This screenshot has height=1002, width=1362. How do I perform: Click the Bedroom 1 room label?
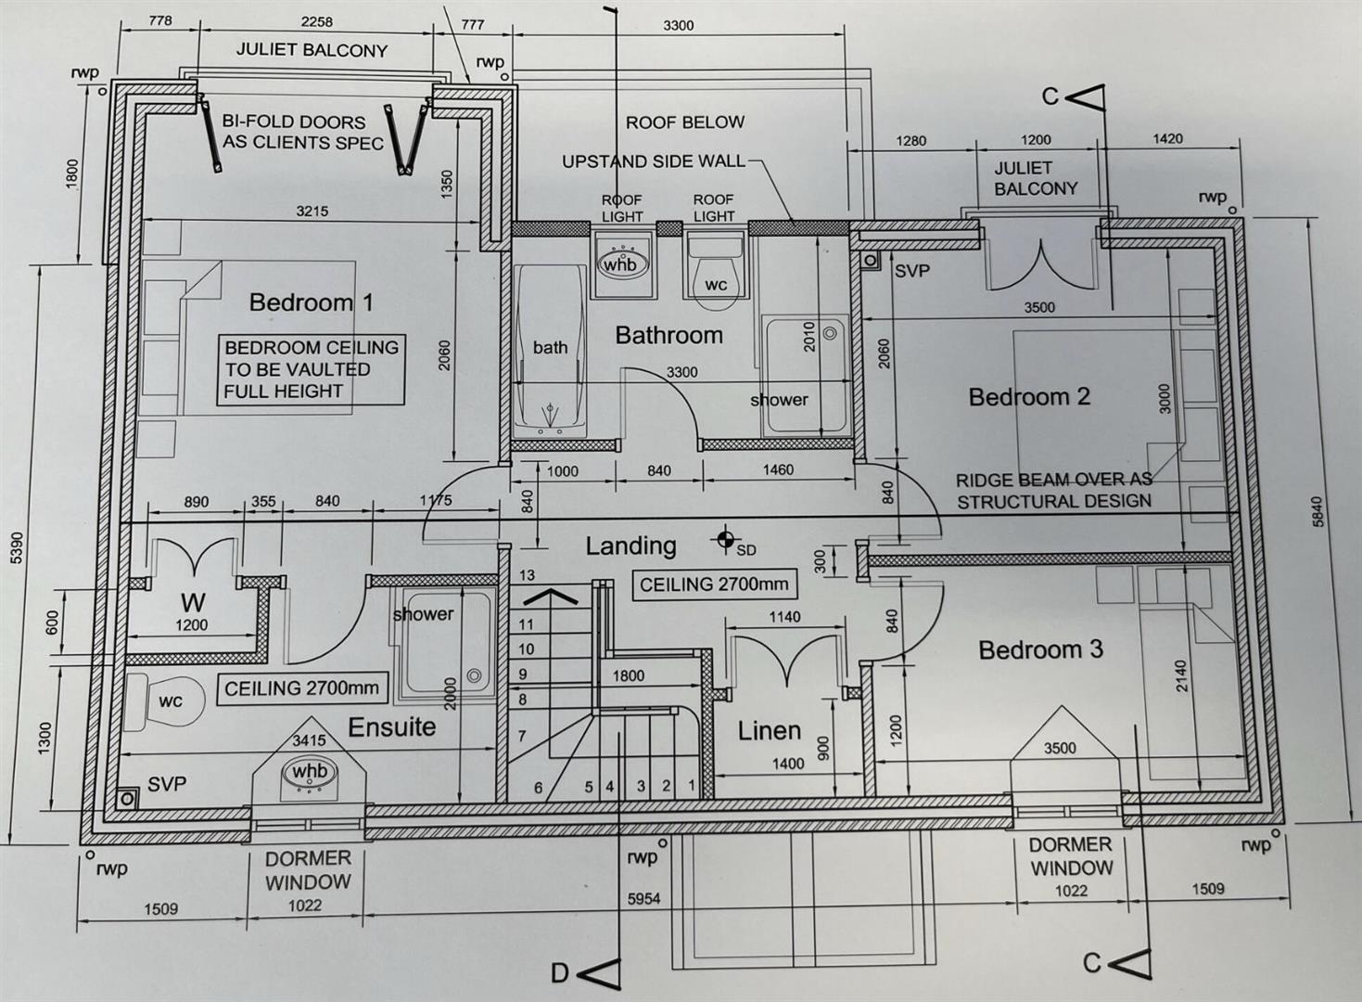[311, 302]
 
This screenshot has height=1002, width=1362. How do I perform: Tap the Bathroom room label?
[668, 335]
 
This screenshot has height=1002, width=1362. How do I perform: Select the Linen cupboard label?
[770, 731]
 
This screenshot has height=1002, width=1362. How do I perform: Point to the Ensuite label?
[391, 726]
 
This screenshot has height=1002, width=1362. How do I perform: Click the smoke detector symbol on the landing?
[725, 538]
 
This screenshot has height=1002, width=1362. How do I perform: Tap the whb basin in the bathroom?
[619, 263]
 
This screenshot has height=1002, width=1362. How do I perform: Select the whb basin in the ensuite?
[310, 772]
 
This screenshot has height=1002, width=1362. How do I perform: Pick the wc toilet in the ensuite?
[164, 702]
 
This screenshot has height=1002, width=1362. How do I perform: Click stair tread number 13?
[527, 575]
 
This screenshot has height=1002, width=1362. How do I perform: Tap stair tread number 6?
[538, 788]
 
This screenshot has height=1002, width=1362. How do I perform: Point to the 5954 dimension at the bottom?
[643, 899]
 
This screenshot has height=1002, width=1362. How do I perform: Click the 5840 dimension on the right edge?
[1317, 511]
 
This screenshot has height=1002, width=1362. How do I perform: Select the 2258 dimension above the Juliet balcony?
[317, 22]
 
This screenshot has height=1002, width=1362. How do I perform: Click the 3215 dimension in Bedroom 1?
[312, 212]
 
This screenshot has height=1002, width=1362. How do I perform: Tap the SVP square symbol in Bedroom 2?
[870, 261]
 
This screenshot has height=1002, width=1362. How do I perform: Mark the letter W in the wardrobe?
[193, 602]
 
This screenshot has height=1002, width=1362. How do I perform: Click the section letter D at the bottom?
[559, 974]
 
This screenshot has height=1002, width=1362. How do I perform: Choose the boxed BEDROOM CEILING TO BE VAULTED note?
[311, 369]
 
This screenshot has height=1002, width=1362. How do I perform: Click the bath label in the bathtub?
[550, 347]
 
